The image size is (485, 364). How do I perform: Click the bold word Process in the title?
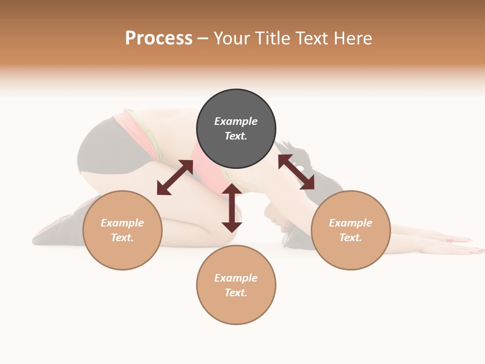[159, 38]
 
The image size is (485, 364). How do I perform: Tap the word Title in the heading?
[273, 38]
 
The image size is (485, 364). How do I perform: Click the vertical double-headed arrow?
[232, 208]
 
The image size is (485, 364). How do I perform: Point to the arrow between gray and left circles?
[175, 177]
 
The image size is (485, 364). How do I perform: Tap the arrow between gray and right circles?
[296, 172]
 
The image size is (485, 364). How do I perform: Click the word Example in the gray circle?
[236, 121]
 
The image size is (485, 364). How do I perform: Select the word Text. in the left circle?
[122, 238]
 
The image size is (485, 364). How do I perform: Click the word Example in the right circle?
[351, 223]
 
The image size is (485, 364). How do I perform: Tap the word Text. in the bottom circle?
[236, 293]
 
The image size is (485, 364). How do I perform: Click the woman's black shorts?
[101, 147]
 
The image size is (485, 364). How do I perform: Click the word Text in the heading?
[313, 38]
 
